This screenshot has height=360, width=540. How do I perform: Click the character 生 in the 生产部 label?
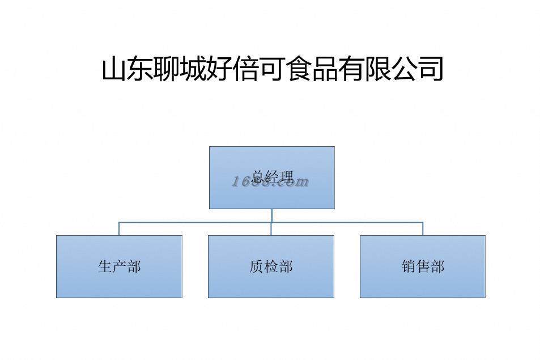pos(105,266)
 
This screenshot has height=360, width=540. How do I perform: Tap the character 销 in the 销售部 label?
pos(409,266)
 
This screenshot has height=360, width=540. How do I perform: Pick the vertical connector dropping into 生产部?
pos(119,228)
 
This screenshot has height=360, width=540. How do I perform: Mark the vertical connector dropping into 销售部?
pos(423,228)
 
